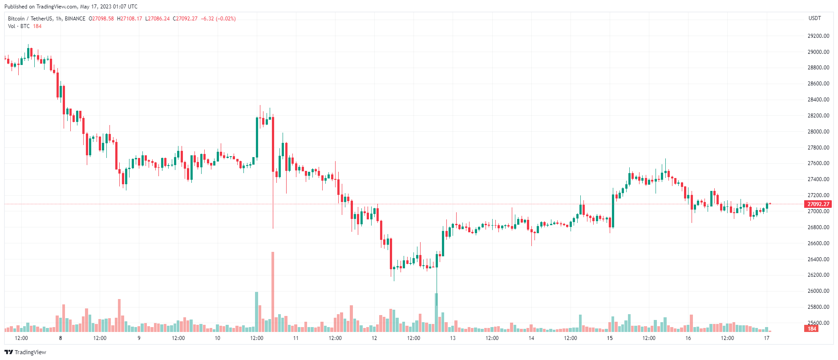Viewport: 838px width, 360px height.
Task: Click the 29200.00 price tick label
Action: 818,36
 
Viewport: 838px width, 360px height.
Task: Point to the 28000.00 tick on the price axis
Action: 818,132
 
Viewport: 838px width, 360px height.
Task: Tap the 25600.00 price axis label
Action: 818,323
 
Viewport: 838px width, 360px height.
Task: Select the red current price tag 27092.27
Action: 818,204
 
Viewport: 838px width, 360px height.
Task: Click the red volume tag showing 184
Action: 812,329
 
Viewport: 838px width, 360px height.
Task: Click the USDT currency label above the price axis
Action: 814,18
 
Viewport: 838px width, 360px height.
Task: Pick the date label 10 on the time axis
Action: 217,338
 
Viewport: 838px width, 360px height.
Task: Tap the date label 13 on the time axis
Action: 453,338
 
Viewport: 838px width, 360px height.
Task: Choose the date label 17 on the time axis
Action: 766,338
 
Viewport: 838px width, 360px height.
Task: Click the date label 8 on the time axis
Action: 61,338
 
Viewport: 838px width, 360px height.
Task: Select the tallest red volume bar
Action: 273,291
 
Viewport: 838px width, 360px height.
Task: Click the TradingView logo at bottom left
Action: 25,352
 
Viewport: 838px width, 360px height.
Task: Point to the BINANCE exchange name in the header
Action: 75,19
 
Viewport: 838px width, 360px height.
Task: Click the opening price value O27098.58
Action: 101,19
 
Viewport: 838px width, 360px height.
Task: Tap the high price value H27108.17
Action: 130,19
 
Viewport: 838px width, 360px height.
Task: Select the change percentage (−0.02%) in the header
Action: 226,19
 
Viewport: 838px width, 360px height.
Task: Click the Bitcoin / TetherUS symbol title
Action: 30,19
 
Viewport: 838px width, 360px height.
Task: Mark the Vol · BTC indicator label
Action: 19,26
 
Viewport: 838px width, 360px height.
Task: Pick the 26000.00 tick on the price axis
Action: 818,291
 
